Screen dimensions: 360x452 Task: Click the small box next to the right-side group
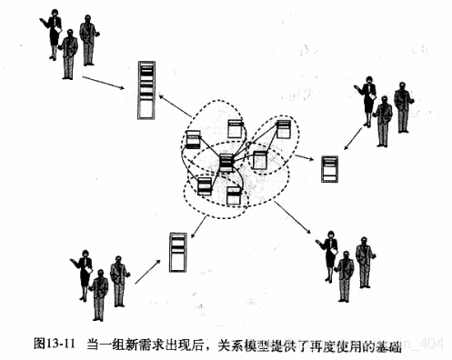[329, 168]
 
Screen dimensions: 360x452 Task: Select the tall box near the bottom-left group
[177, 250]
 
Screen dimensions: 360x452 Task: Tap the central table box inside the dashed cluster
[227, 165]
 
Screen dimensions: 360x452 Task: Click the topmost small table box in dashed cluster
[235, 127]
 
